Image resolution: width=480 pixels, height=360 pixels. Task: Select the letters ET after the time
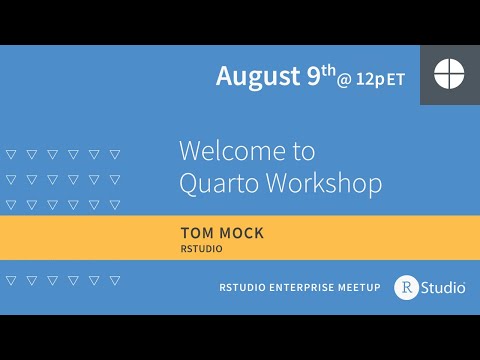click(x=396, y=80)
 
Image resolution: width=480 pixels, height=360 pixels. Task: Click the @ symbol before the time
click(x=344, y=80)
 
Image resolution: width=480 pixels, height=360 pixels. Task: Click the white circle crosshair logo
click(x=449, y=74)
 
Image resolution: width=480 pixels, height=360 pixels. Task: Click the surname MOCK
click(x=243, y=232)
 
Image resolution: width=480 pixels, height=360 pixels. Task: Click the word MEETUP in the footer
click(x=360, y=288)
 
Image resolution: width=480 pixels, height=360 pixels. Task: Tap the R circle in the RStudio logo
click(x=406, y=287)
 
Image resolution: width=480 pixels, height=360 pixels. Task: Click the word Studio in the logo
click(x=442, y=287)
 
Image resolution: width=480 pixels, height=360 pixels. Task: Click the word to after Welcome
click(x=302, y=151)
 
